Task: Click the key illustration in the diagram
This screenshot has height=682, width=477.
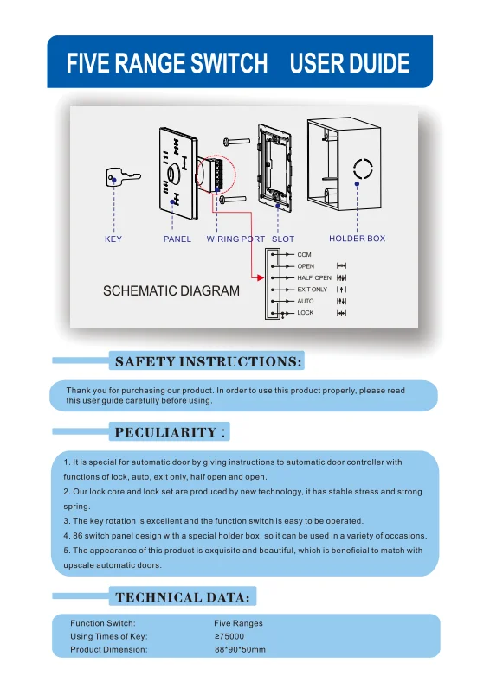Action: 122,177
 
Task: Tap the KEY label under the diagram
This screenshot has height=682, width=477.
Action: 113,239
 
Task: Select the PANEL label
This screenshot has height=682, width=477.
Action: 177,239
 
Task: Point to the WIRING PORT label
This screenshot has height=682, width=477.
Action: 235,239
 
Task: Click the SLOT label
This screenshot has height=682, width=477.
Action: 283,239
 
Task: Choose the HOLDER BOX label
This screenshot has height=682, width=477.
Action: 357,239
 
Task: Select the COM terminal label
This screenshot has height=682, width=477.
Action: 304,255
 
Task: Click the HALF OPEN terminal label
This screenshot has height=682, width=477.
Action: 313,277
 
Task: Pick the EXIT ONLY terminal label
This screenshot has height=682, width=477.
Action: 312,290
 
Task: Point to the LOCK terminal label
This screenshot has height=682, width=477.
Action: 306,313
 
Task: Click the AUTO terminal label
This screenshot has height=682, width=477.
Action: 306,301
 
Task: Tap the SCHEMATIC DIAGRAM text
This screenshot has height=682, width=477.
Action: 171,291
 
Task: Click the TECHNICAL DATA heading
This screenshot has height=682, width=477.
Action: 183,596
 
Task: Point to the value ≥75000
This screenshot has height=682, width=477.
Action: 229,636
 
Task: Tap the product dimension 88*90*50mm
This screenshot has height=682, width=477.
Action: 240,649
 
